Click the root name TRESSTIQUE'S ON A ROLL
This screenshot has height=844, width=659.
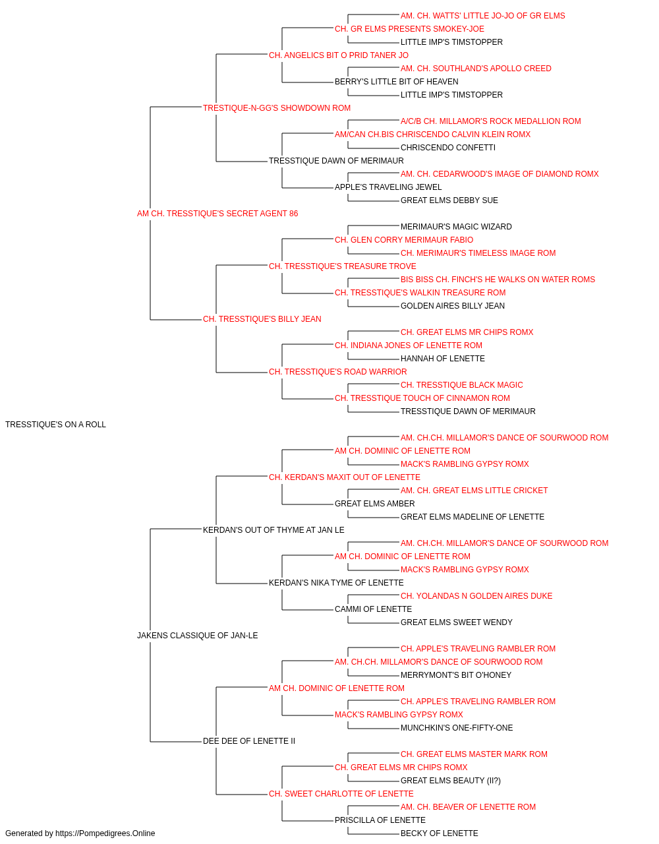point(55,425)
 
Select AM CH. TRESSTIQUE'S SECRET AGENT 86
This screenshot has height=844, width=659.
point(217,214)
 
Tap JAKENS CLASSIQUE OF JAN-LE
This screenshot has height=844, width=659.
point(197,636)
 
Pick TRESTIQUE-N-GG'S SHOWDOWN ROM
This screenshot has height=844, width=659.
point(276,108)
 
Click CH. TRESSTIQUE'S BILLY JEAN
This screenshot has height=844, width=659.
point(262,319)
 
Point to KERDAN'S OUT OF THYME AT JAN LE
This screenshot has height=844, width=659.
point(273,529)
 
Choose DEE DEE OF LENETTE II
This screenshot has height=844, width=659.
point(249,741)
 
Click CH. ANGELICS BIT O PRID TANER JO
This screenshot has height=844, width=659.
point(339,55)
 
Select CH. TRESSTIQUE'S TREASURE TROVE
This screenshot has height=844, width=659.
point(342,266)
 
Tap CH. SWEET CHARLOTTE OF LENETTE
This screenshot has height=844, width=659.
point(341,794)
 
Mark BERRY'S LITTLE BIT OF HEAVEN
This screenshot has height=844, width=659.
point(396,82)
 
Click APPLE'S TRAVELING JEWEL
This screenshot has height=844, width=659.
point(388,187)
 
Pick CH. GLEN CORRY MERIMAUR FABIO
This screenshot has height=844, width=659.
point(404,240)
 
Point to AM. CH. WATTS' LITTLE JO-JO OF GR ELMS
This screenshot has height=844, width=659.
point(483,16)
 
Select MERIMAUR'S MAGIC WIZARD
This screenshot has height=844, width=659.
point(456,227)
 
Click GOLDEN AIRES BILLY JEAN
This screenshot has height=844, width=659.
point(453,306)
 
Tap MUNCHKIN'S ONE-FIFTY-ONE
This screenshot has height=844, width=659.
point(457,728)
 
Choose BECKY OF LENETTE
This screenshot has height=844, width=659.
point(440,833)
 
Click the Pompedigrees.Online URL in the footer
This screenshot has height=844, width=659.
point(105,833)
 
